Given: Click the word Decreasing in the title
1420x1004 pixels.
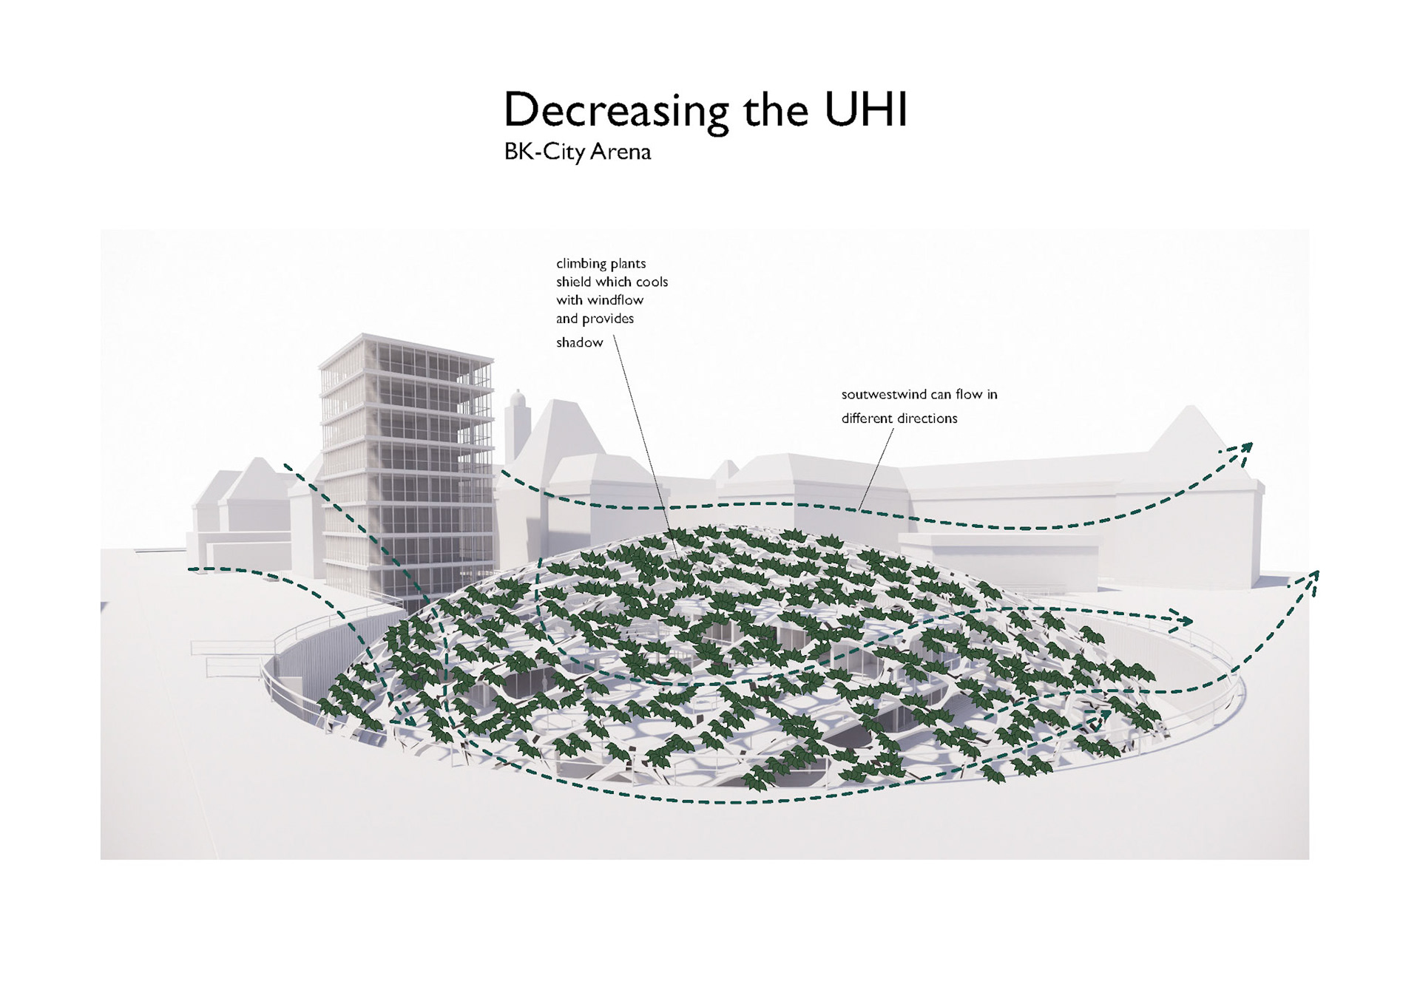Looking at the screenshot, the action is (x=616, y=111).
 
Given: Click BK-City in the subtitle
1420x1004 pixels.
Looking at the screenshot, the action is (x=545, y=152).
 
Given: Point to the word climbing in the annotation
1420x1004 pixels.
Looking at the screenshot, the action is (x=581, y=264).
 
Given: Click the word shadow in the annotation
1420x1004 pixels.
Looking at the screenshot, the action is (x=580, y=342).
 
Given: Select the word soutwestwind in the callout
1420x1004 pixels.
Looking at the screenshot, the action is (x=884, y=395).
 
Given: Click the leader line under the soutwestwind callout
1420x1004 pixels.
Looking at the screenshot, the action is (x=876, y=469).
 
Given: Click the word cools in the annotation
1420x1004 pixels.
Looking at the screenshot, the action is (x=652, y=282).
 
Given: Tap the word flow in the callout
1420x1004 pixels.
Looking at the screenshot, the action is (x=969, y=395).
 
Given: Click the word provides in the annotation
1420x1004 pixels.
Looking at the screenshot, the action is (x=609, y=319).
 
